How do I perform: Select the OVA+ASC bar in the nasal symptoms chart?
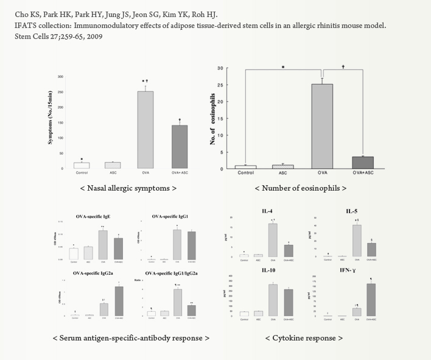tap(178, 146)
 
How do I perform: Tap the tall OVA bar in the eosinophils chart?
tap(322, 125)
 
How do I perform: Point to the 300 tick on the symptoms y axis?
tap(60, 77)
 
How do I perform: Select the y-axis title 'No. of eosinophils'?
tap(215, 118)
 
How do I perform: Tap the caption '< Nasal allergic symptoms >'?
tap(128, 188)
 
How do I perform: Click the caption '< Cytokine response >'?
tap(304, 337)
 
